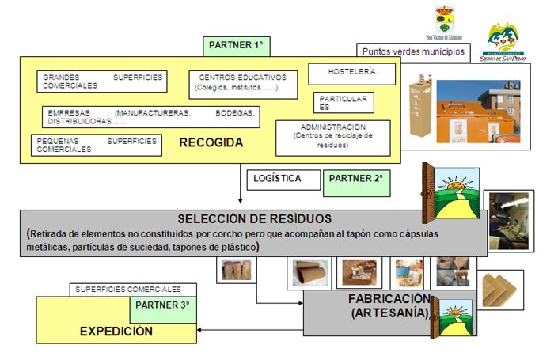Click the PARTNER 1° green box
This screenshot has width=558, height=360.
(236, 46)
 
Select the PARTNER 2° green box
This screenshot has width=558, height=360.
(356, 181)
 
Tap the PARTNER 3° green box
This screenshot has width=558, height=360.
(163, 305)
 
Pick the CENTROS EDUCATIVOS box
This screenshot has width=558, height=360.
(243, 83)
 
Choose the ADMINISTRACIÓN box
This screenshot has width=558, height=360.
(332, 136)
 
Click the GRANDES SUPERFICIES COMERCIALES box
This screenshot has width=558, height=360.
(102, 81)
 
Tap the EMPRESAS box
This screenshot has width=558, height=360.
(150, 117)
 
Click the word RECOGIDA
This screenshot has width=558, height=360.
(211, 143)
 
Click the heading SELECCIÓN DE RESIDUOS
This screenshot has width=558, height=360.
(254, 218)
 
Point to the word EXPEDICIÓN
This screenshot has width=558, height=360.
(116, 332)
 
